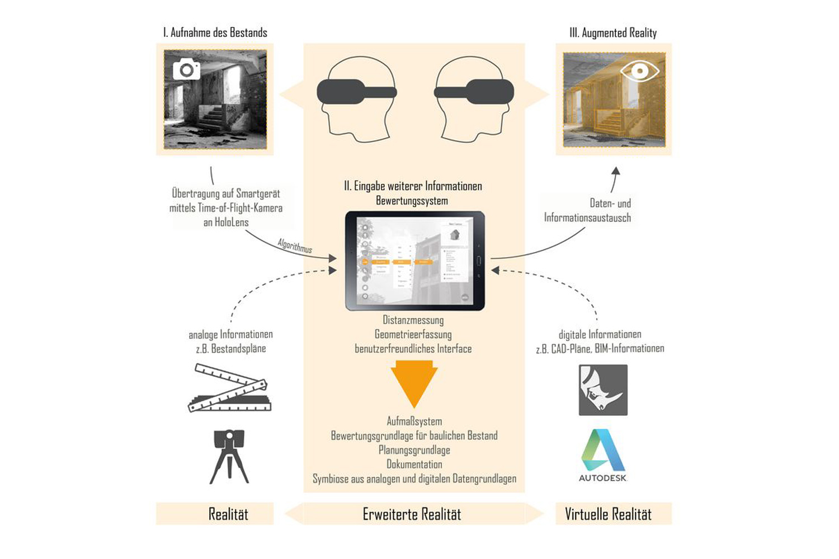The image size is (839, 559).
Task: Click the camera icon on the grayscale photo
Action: point(186,69)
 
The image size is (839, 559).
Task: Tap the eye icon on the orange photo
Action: point(640,71)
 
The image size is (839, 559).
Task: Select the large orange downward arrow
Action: point(414,383)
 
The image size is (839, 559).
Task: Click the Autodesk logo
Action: point(603,455)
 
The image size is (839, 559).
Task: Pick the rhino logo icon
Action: point(603,390)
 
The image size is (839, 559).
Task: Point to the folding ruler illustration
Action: point(229,388)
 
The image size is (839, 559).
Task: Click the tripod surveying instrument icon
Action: point(229,456)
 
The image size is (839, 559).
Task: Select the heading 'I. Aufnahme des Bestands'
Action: point(215,32)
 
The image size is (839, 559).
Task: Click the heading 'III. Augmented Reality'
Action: point(613,33)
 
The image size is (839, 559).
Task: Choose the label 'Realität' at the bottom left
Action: point(228,514)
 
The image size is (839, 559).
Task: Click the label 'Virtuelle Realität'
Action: point(608,514)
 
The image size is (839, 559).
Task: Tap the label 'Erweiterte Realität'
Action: point(412,514)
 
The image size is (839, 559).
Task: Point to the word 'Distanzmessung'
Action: point(413,320)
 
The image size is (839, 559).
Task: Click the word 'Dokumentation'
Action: point(414,464)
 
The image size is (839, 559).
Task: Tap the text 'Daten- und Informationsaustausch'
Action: point(587,210)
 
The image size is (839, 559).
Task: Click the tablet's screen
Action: point(414,260)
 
